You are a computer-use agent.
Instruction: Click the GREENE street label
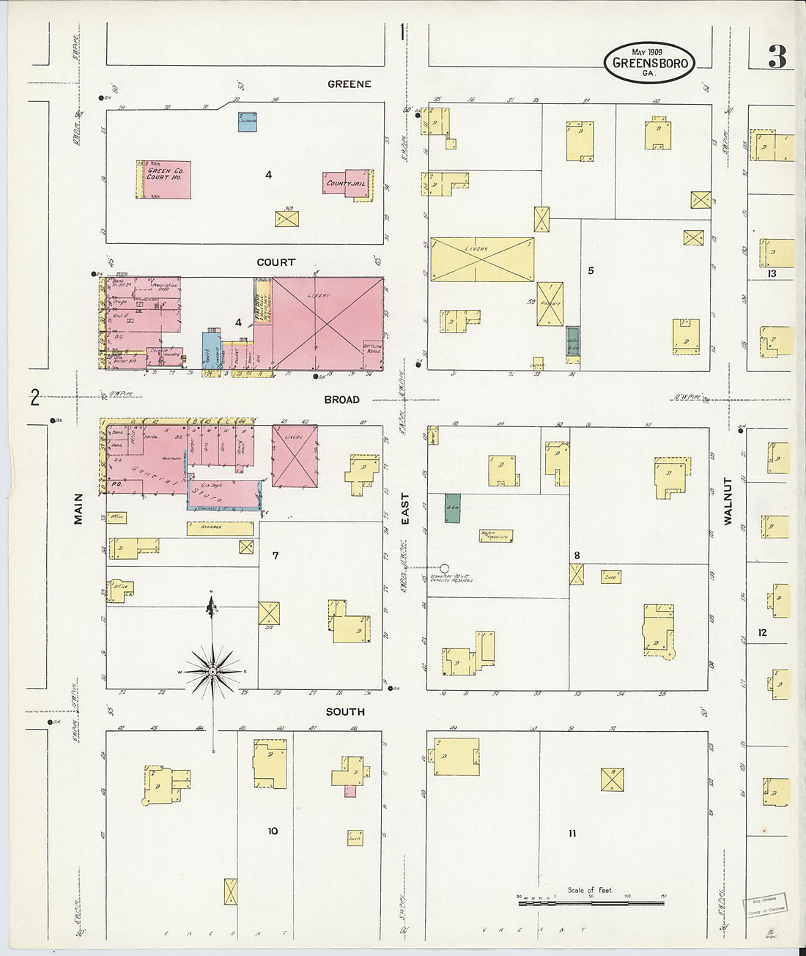pos(349,84)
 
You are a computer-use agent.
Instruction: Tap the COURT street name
pos(276,262)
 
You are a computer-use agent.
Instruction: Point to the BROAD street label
pos(342,400)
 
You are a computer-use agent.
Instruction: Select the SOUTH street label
pos(345,712)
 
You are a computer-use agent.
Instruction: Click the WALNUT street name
pos(728,501)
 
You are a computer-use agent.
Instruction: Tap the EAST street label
pos(405,508)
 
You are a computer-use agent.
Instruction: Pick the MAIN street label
pos(78,508)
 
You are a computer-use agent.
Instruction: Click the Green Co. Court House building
pos(166,179)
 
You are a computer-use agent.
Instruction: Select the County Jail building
pos(346,183)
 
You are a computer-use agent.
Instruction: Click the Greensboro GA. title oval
pos(649,62)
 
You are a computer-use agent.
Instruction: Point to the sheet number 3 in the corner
pos(777,57)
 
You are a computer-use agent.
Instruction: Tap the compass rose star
pos(212,671)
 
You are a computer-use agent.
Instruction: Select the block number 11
pos(572,833)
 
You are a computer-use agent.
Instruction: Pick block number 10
pos(273,831)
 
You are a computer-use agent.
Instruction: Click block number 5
pos(591,270)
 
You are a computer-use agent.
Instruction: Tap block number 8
pos(577,555)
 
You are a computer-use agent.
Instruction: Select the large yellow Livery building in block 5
pos(482,259)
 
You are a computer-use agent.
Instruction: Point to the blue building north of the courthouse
pos(247,122)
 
